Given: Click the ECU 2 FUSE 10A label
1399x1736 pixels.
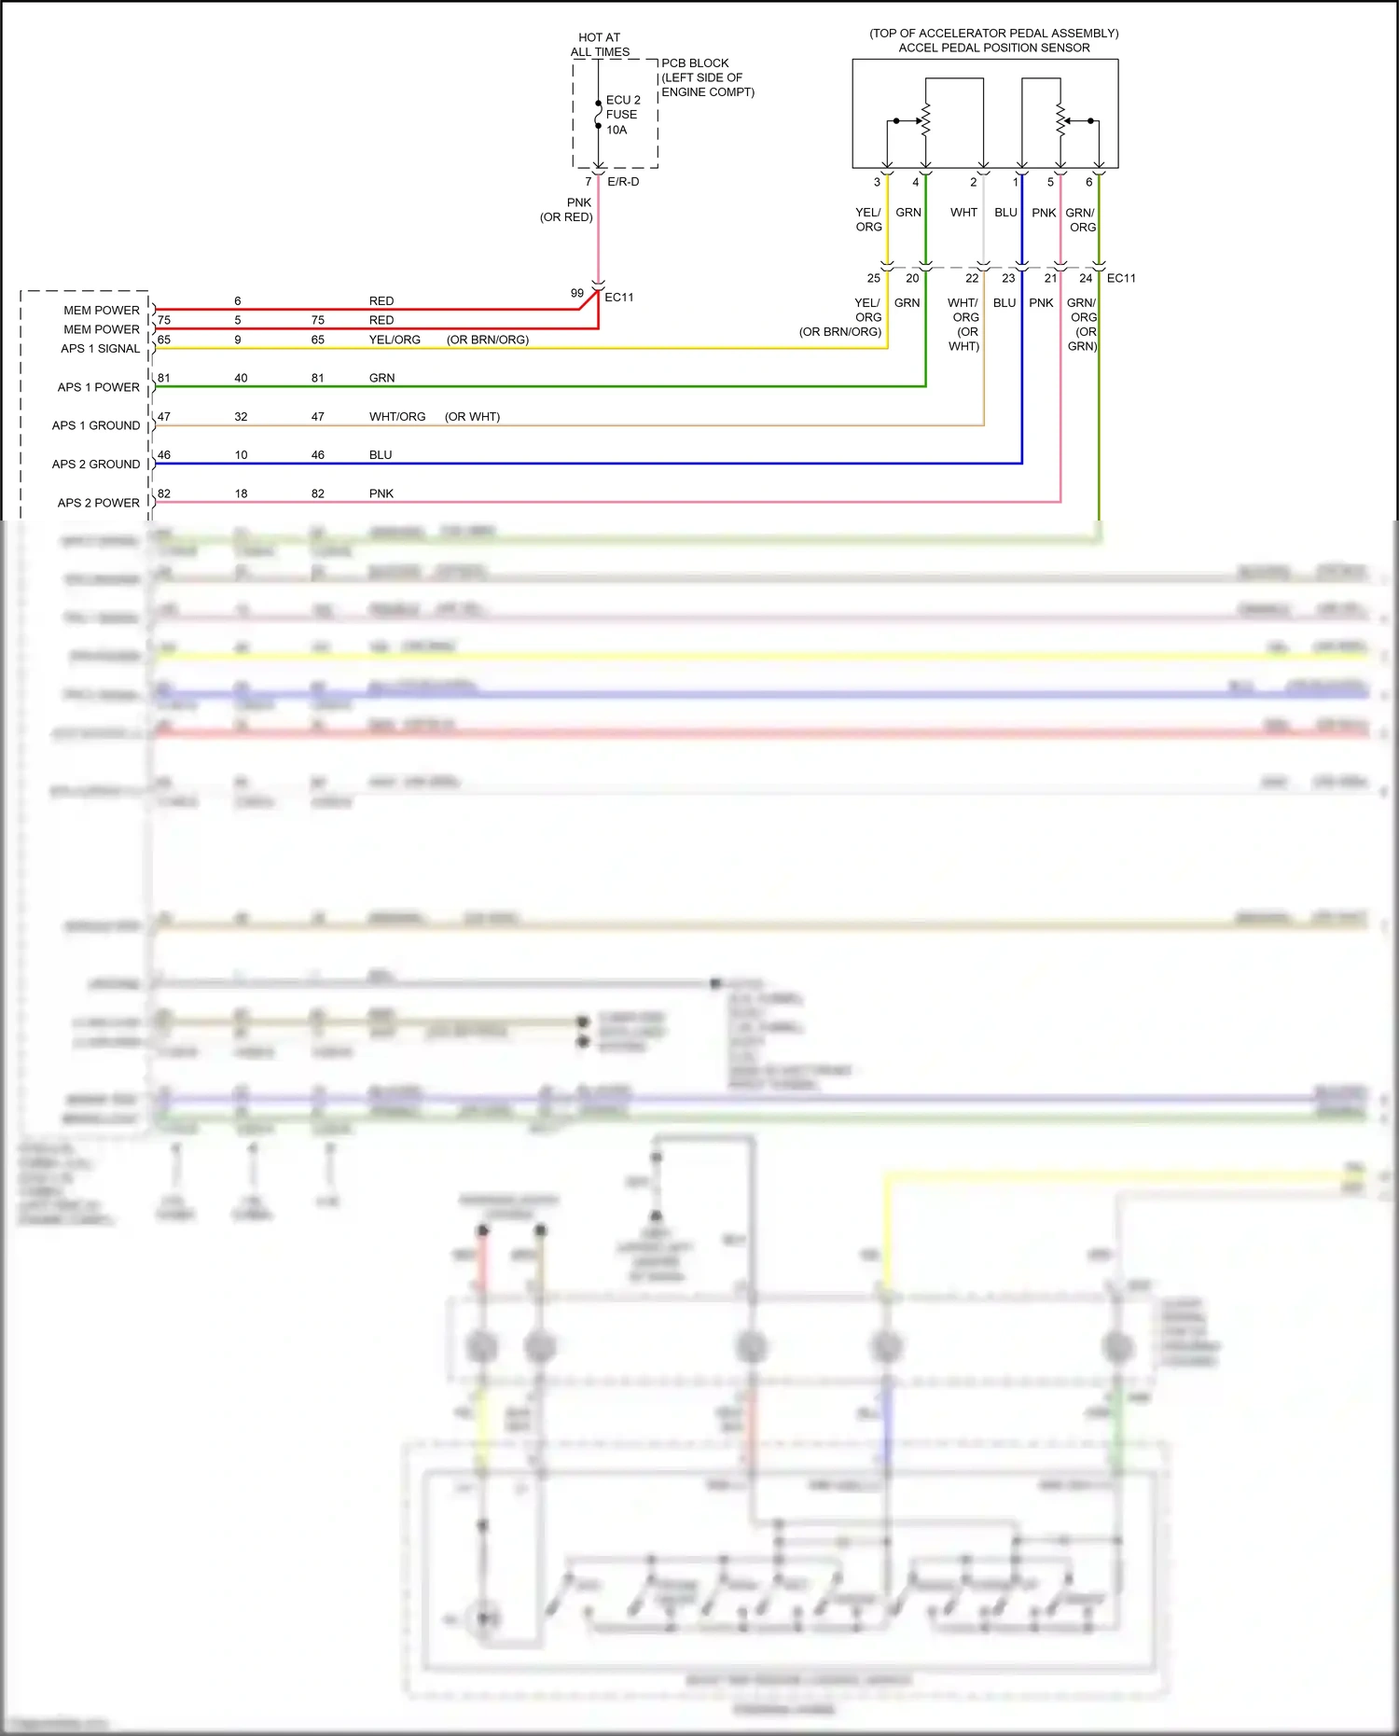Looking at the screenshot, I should point(622,115).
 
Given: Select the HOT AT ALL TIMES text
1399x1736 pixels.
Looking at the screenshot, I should point(600,45).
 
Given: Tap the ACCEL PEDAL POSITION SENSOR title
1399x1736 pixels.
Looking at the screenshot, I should point(993,48).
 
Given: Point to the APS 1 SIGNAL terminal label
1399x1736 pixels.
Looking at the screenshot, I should point(100,349).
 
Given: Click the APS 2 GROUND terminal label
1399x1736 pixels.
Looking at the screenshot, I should point(96,465).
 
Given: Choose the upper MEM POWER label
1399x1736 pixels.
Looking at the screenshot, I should point(101,311).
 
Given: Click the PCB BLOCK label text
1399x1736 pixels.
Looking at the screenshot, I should point(695,63).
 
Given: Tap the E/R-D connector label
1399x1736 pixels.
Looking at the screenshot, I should point(623,182).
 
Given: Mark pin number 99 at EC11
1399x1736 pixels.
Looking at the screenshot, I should point(577,293).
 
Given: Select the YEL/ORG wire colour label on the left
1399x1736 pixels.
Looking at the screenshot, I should point(395,340).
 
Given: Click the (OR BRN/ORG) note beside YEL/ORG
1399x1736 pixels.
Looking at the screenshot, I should point(487,340).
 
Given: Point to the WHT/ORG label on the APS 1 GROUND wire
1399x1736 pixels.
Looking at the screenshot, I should point(397,417).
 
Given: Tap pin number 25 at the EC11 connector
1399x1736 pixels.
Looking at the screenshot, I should point(873,278).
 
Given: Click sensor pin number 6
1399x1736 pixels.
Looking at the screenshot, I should point(1088,183).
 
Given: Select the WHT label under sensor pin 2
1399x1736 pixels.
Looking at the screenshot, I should point(963,213).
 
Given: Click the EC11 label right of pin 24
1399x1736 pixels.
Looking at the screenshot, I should point(1121,278).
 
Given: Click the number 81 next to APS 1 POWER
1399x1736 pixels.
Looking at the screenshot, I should point(164,378).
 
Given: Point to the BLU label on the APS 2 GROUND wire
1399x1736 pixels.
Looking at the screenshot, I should point(381,455).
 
